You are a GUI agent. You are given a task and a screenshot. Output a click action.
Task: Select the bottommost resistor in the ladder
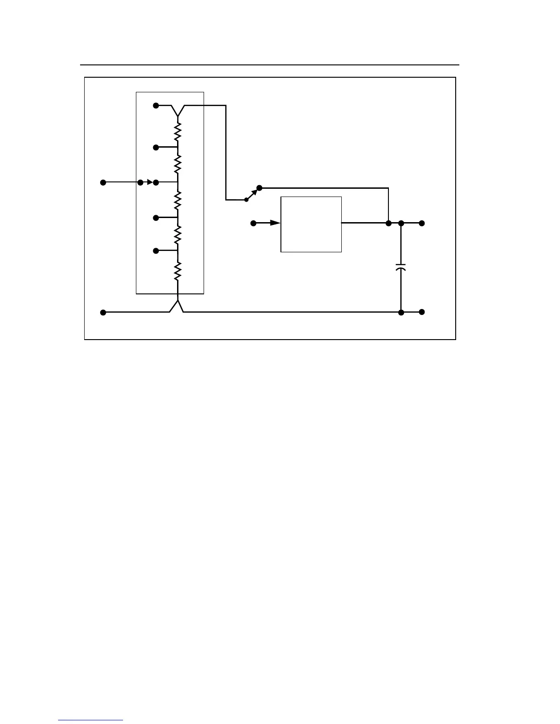pos(178,271)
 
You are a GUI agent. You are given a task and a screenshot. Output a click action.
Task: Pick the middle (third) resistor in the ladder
pos(178,200)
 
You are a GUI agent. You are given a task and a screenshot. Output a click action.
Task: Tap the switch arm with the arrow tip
pos(252,194)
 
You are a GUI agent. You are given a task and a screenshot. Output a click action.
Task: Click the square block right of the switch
pos(311,224)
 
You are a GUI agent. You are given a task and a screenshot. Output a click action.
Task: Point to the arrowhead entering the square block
pos(275,223)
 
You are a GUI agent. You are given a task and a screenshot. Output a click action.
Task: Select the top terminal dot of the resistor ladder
pos(156,106)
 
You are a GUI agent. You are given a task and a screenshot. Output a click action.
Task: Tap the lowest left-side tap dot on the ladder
pos(156,250)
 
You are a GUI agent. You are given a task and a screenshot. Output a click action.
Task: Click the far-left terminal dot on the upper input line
pos(103,182)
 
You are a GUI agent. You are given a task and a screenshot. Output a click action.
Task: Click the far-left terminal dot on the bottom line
pos(103,312)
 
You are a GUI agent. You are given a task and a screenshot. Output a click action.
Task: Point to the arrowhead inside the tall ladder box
pos(149,182)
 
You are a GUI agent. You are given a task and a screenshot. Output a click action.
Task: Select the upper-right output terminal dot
pos(422,223)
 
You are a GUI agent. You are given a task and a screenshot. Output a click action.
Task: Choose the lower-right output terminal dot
pos(422,312)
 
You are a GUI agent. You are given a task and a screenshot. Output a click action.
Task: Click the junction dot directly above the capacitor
pos(401,223)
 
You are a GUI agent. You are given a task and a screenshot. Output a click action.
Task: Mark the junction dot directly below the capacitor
pos(401,312)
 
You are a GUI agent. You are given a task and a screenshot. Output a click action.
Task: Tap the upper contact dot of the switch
pos(259,188)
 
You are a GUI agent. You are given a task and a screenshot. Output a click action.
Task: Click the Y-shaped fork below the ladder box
pos(177,305)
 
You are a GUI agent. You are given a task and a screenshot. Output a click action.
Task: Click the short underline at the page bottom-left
pos(91,720)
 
